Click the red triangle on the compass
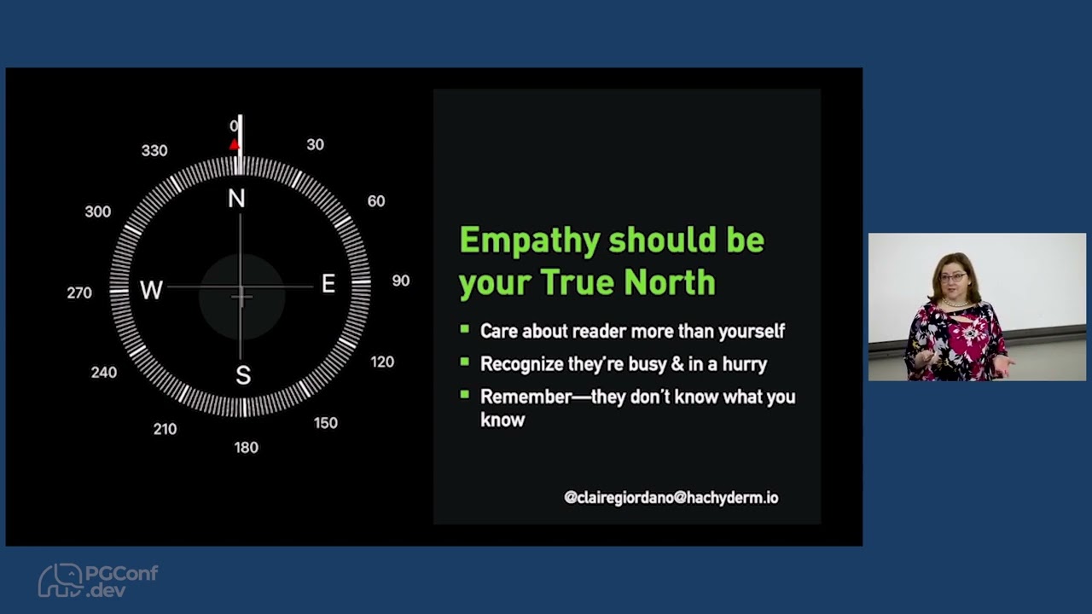235,144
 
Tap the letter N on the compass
237,199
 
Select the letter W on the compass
151,290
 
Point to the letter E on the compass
328,284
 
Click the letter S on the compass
243,375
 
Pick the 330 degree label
154,151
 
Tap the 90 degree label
401,281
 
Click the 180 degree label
247,448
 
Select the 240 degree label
104,373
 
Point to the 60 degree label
376,200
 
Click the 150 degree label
326,422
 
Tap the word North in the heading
670,282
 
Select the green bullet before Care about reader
465,329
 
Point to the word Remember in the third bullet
526,397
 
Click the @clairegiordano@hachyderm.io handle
671,497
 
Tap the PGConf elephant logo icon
61,580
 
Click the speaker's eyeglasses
953,278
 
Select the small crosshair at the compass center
241,297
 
